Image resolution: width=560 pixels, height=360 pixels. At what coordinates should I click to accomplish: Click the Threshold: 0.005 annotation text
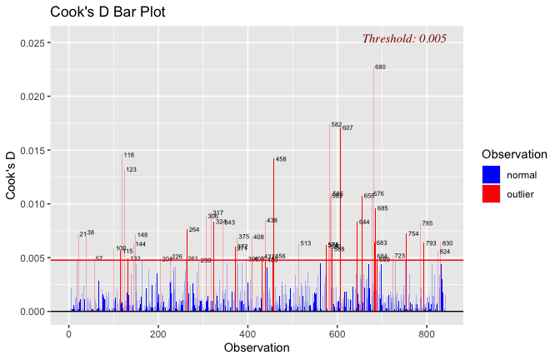click(x=404, y=38)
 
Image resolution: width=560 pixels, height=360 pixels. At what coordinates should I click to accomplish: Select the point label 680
click(x=380, y=67)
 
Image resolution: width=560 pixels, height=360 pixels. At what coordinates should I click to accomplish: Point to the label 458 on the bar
click(x=281, y=159)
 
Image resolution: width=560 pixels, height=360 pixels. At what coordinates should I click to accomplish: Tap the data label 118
click(x=129, y=155)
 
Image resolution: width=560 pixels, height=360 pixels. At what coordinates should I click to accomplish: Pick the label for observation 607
click(x=347, y=128)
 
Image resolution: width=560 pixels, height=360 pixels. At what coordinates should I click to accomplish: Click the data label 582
click(x=337, y=125)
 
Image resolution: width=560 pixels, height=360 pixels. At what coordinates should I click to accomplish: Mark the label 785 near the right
click(x=427, y=223)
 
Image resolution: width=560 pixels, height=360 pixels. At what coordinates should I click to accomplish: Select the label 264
click(x=194, y=229)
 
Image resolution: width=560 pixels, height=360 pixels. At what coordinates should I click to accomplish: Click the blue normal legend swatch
click(x=491, y=174)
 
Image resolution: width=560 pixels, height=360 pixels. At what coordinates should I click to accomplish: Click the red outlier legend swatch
click(x=491, y=194)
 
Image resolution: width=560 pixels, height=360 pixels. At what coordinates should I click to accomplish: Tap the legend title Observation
click(x=513, y=154)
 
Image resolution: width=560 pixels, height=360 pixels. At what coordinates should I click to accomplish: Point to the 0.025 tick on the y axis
click(x=31, y=42)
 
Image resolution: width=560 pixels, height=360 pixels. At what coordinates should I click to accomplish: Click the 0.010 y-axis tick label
click(x=31, y=204)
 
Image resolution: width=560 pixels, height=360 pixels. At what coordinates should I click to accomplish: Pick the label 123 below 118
click(x=132, y=170)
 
